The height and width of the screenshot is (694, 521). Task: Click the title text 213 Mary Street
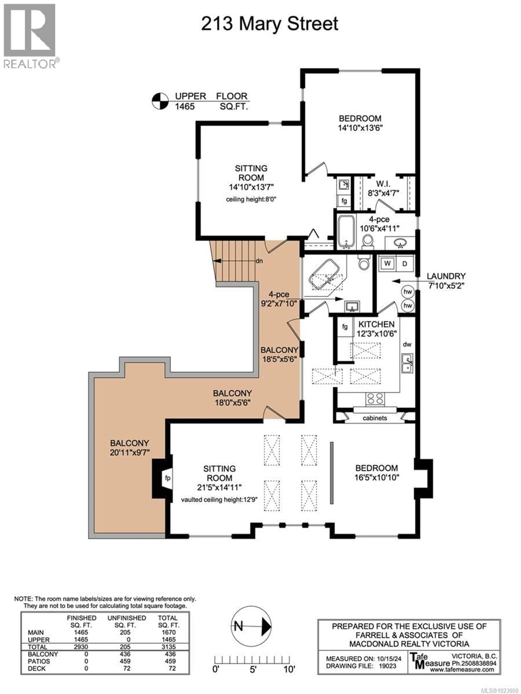coord(269,24)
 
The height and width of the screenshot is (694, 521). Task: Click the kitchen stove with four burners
coord(375,399)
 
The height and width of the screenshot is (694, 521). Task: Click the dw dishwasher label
coord(407,344)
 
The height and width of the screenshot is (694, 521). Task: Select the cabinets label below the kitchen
coord(375,418)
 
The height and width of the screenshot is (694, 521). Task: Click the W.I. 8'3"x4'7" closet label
coord(383,188)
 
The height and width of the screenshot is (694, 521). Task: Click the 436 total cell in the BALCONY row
coord(170,654)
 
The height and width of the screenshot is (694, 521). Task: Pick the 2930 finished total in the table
coord(81,647)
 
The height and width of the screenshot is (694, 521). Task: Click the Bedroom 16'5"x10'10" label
coord(377,473)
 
